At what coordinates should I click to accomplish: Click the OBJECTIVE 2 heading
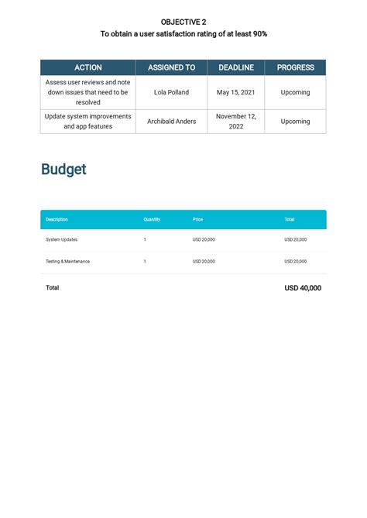point(183,22)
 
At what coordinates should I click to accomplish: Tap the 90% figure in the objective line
point(259,34)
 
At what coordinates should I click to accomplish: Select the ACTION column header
point(87,67)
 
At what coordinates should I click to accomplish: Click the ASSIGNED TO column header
point(171,67)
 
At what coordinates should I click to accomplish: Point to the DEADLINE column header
point(236,67)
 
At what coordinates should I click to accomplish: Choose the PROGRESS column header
point(295,67)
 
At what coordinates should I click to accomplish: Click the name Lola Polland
point(171,92)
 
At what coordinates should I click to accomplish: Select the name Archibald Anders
point(171,122)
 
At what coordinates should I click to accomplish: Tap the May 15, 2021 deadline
point(236,92)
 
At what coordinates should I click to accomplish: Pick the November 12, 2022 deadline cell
point(236,122)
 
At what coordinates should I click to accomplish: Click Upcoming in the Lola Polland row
point(295,92)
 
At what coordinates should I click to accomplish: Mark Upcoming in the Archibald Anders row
point(295,122)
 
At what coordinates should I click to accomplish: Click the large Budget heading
point(63,170)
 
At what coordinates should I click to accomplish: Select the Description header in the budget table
point(57,219)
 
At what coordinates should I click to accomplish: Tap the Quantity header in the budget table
point(152,219)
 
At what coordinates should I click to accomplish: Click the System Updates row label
point(62,240)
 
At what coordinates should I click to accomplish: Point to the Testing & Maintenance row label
point(67,262)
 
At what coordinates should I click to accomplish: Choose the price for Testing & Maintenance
point(204,262)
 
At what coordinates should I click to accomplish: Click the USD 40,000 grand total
point(303,288)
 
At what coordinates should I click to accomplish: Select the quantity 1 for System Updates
point(145,240)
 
